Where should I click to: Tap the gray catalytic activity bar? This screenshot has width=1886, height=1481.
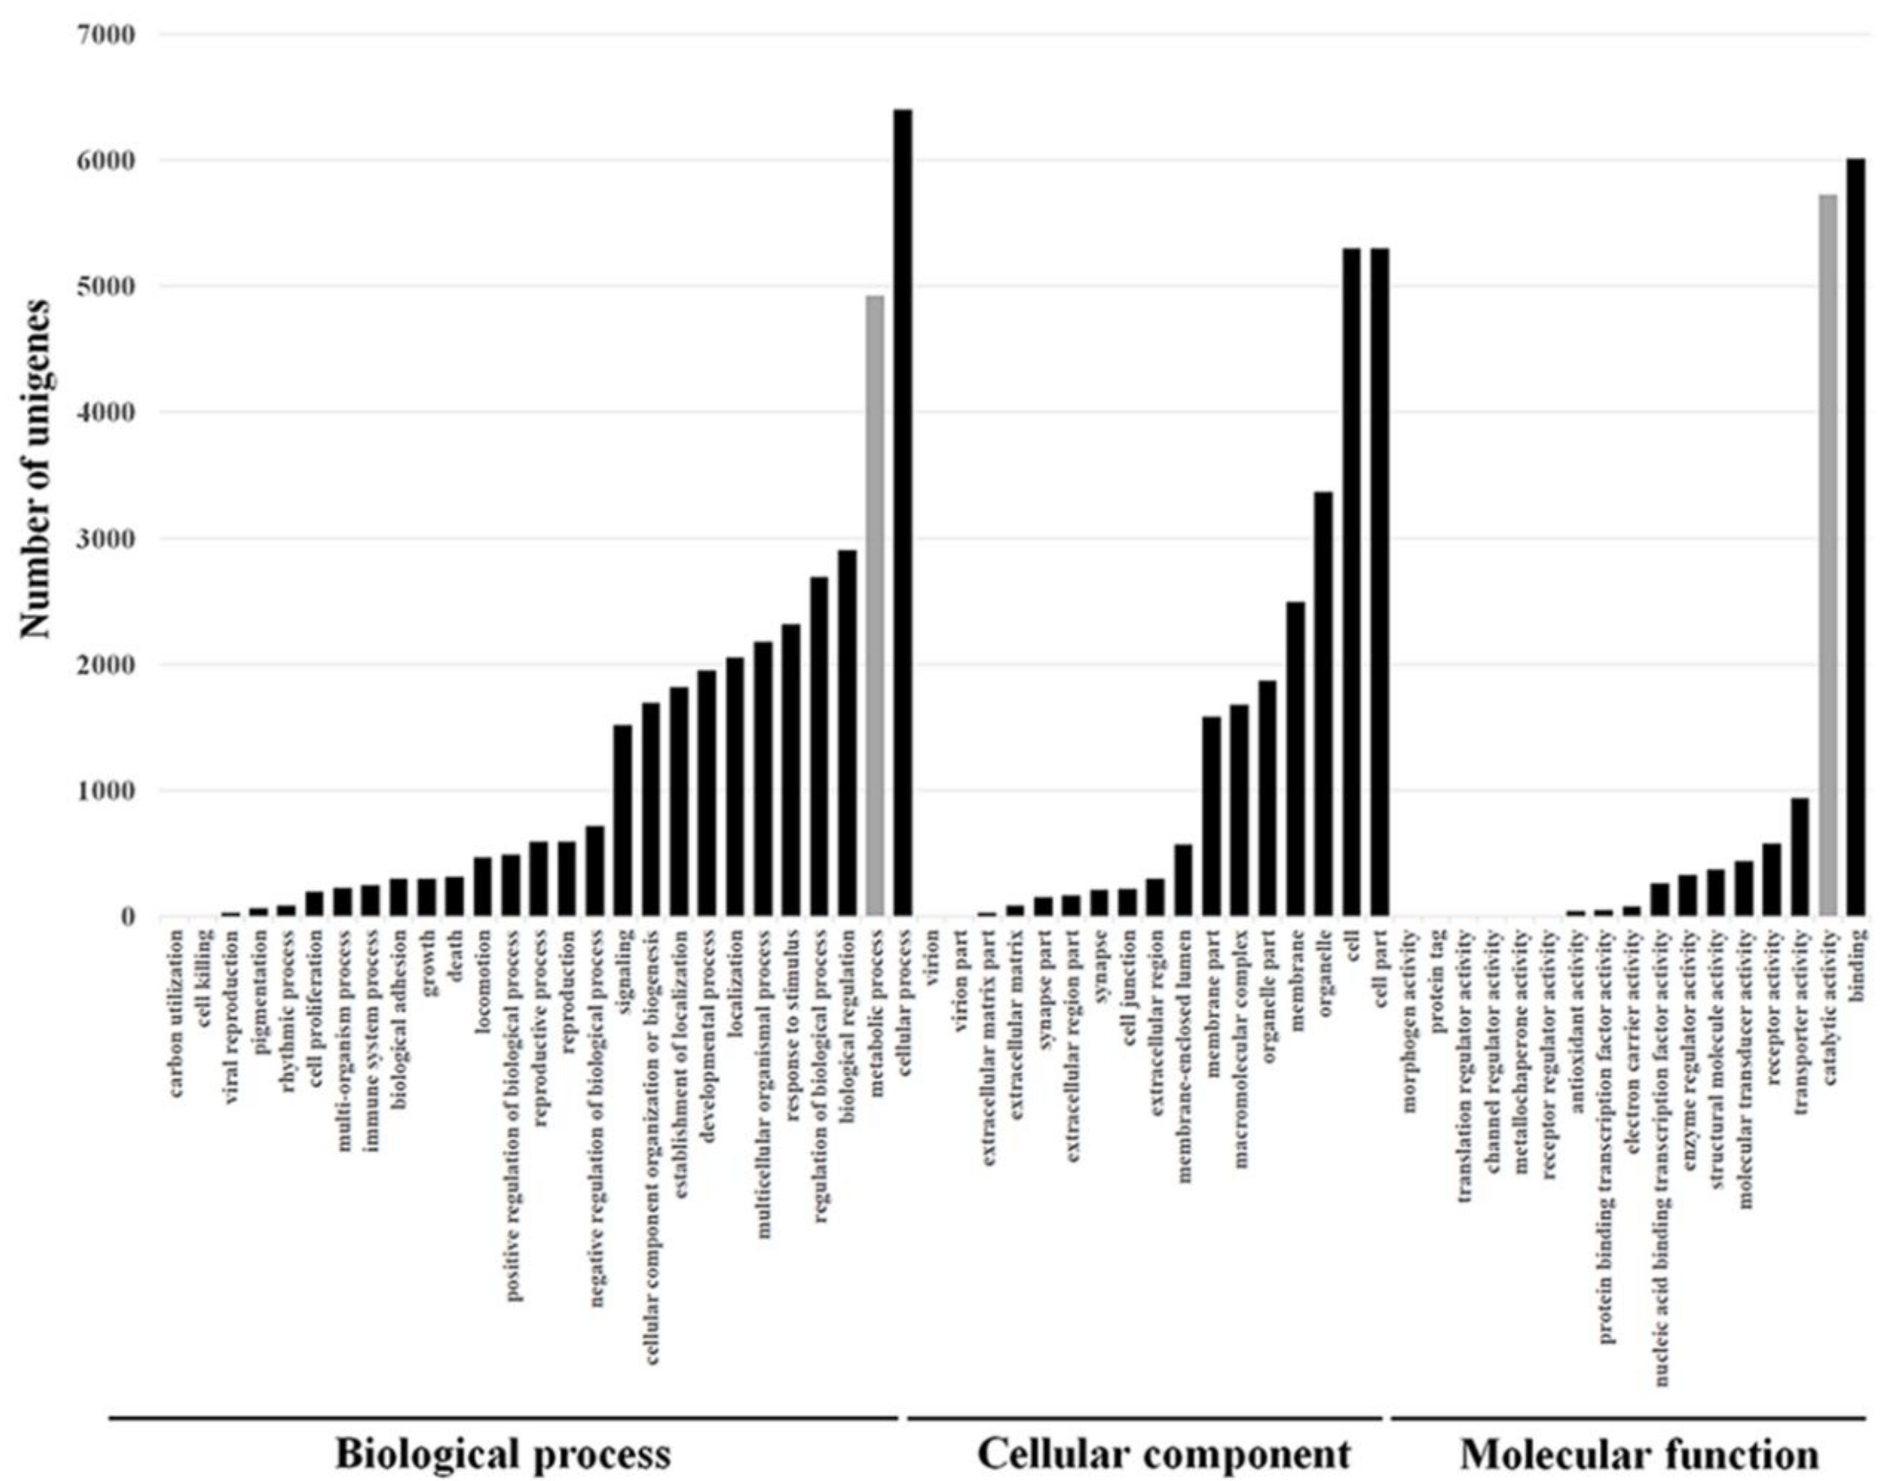(1828, 555)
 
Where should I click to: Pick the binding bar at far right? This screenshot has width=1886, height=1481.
(1855, 537)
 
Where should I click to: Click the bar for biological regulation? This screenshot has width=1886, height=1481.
(847, 733)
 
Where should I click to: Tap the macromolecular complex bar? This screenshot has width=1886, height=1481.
(1239, 810)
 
